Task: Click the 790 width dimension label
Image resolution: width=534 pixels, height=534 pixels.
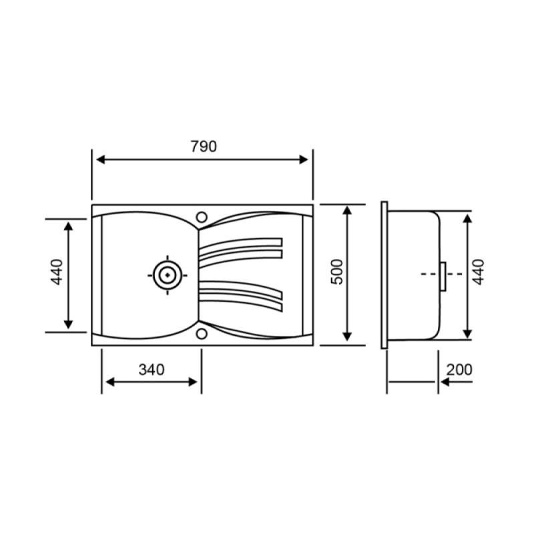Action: pyautogui.click(x=204, y=146)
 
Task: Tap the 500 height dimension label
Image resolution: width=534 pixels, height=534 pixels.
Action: pyautogui.click(x=337, y=272)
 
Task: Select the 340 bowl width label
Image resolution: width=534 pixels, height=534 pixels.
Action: pyautogui.click(x=152, y=370)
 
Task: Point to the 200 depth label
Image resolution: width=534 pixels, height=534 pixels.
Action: pyautogui.click(x=459, y=370)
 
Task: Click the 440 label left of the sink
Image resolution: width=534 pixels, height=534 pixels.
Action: pyautogui.click(x=57, y=272)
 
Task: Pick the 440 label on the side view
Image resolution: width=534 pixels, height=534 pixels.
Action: pyautogui.click(x=479, y=272)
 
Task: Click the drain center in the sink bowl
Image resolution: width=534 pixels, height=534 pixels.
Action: pyautogui.click(x=168, y=275)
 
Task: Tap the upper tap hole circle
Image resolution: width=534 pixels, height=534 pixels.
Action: pyautogui.click(x=202, y=217)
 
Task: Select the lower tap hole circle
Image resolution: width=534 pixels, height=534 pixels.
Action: pyautogui.click(x=202, y=334)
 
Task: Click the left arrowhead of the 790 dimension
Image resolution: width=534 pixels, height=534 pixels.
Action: pyautogui.click(x=101, y=160)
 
